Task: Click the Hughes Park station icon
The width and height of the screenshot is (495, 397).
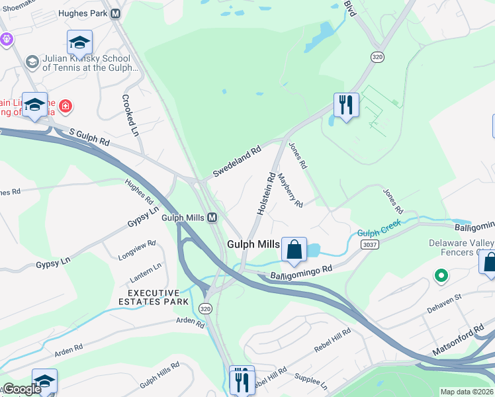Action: click(116, 13)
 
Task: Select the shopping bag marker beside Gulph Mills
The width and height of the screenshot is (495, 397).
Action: click(294, 250)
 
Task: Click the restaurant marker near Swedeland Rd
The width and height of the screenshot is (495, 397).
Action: click(346, 105)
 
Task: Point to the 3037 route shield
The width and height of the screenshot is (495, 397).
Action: click(371, 244)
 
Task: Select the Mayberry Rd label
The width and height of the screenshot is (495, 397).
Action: click(290, 191)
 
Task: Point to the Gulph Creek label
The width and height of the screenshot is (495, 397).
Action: click(379, 233)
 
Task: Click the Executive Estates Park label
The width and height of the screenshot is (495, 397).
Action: click(154, 297)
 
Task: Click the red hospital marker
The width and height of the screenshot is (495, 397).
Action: click(66, 106)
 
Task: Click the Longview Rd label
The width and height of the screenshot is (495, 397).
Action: click(136, 249)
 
